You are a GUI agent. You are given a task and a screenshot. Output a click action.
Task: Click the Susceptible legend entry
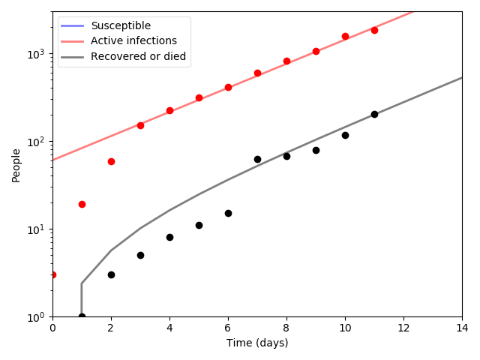point(120,25)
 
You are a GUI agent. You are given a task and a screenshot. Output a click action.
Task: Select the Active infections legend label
point(133,40)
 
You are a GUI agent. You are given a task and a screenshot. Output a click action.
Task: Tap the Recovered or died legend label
point(138,56)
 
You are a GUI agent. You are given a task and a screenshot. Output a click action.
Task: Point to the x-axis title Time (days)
point(257,343)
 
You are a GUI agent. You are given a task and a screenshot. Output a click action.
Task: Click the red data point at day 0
point(52,274)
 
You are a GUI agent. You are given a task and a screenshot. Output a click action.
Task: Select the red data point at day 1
point(82,204)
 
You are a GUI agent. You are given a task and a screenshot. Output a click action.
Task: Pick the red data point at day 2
point(111,161)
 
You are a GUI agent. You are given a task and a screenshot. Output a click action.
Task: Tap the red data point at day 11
point(374,30)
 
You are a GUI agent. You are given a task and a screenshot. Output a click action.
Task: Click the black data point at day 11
point(374,114)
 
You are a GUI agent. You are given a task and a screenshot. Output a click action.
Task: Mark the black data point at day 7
point(257,159)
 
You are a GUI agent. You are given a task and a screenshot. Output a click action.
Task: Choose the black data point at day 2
point(111,274)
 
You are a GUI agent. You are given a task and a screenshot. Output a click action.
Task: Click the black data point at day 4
point(169,237)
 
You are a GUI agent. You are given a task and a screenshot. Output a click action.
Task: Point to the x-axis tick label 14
point(462,328)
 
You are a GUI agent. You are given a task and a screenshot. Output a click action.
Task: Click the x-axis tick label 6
point(228,328)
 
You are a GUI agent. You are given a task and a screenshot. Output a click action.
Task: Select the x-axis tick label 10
point(345,328)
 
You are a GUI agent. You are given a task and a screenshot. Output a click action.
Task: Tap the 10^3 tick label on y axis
point(36,54)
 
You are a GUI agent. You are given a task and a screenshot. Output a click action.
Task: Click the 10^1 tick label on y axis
point(36,229)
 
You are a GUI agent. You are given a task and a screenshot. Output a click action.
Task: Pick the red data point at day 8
point(286,61)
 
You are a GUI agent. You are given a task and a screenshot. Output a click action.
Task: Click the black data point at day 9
point(316,150)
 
